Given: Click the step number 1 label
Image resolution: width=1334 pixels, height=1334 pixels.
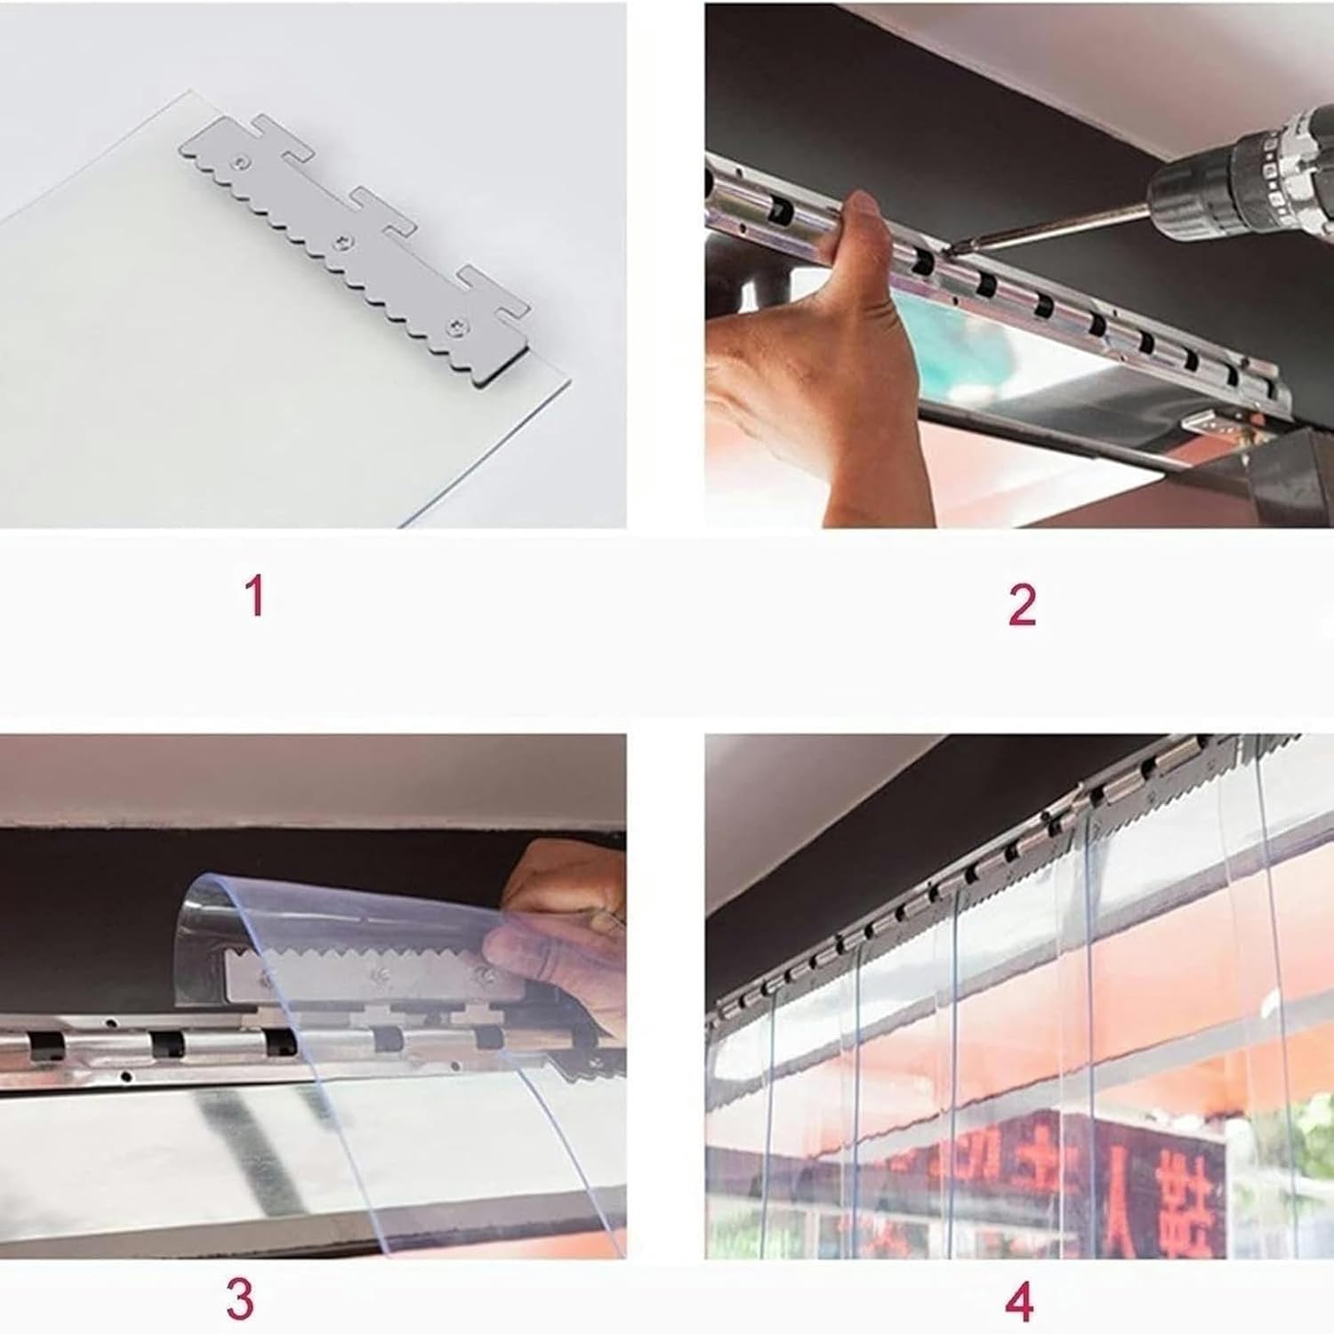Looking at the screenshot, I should [255, 595].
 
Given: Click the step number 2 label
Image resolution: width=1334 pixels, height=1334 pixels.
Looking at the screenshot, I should [1022, 605].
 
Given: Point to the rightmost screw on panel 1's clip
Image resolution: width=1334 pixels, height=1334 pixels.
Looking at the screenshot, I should [459, 326].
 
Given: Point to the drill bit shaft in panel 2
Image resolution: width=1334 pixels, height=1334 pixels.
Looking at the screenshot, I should [1049, 226].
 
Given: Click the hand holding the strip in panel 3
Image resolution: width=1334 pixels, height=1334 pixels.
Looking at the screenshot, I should [560, 925].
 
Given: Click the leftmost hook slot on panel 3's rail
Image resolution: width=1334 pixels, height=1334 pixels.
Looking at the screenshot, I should [41, 1046].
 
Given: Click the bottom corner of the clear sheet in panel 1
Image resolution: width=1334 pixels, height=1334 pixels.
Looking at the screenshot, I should [405, 525].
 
